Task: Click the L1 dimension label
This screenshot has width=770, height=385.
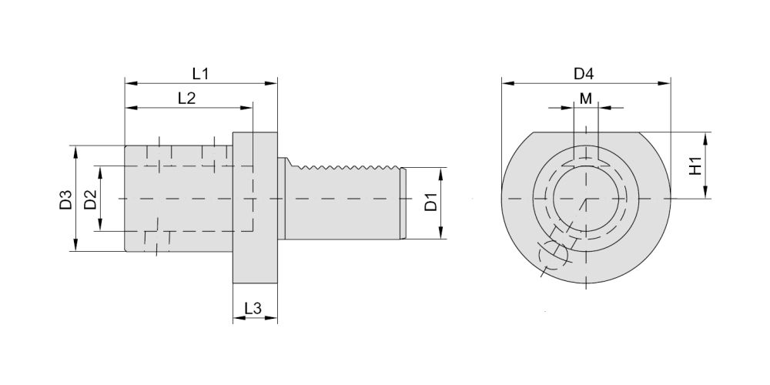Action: (200, 74)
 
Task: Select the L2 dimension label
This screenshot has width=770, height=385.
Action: (186, 99)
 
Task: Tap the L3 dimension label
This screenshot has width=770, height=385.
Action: (253, 309)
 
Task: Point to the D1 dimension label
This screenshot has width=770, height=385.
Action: (430, 203)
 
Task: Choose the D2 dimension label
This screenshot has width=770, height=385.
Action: (90, 199)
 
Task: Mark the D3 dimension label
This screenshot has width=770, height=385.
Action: (65, 199)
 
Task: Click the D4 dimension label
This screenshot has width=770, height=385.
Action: (584, 74)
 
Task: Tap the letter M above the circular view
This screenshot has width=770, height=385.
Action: (586, 99)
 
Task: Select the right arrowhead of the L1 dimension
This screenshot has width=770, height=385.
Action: (272, 83)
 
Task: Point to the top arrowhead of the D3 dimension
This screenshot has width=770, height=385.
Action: (75, 152)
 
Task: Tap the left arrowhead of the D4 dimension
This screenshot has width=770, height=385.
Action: (507, 83)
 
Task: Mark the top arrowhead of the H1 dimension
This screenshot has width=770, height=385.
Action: (705, 139)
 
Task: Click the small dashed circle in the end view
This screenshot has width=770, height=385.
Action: (553, 254)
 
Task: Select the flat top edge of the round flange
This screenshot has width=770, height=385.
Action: (586, 132)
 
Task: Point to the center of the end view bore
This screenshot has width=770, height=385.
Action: (586, 199)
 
